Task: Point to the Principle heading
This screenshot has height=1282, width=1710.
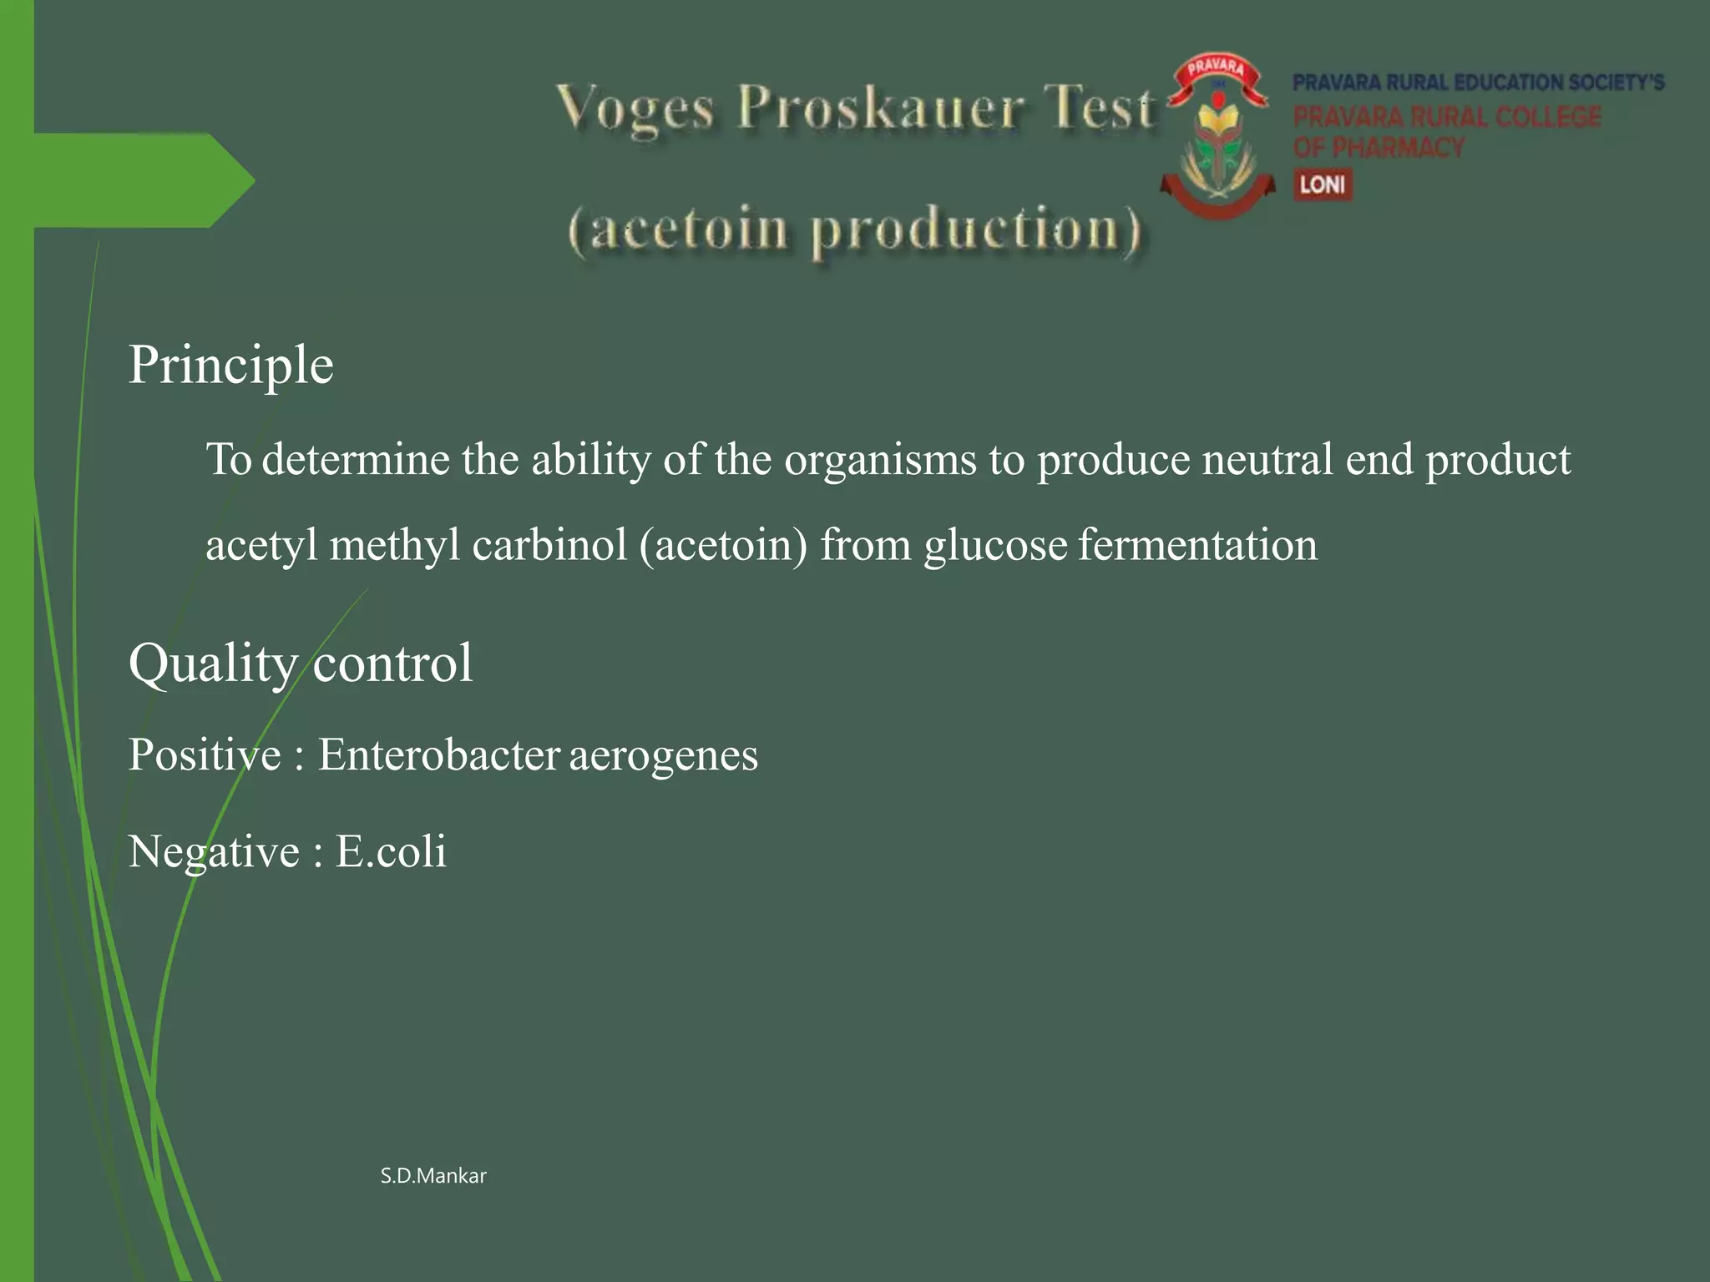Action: (230, 366)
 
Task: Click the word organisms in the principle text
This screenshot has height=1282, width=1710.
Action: (880, 460)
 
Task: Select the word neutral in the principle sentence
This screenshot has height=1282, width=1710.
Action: (1267, 460)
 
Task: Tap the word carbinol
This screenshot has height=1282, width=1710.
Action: (549, 545)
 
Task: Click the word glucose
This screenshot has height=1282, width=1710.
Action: (995, 545)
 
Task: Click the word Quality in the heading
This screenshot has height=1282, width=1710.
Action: (213, 664)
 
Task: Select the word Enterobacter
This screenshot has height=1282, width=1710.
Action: (438, 755)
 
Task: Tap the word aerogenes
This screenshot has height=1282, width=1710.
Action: (664, 756)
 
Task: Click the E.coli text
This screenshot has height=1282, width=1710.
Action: (391, 852)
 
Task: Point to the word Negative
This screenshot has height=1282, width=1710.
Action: (214, 853)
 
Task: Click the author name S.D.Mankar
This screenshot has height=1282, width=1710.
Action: (433, 1176)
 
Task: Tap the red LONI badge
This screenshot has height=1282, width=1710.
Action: (1323, 184)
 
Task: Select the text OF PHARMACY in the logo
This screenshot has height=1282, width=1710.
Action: (1379, 148)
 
